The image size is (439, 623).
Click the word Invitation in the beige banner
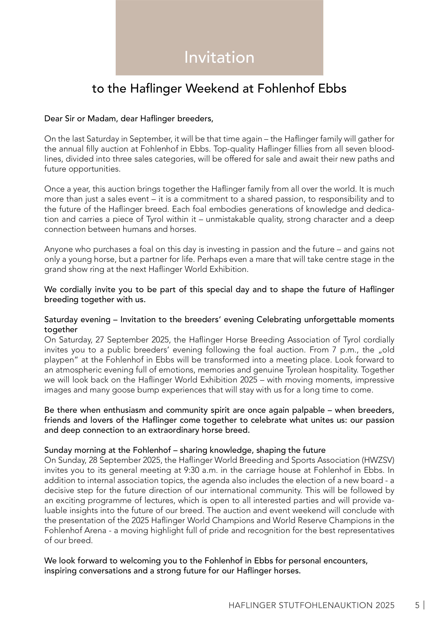click(x=219, y=57)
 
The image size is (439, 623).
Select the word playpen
click(x=59, y=360)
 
